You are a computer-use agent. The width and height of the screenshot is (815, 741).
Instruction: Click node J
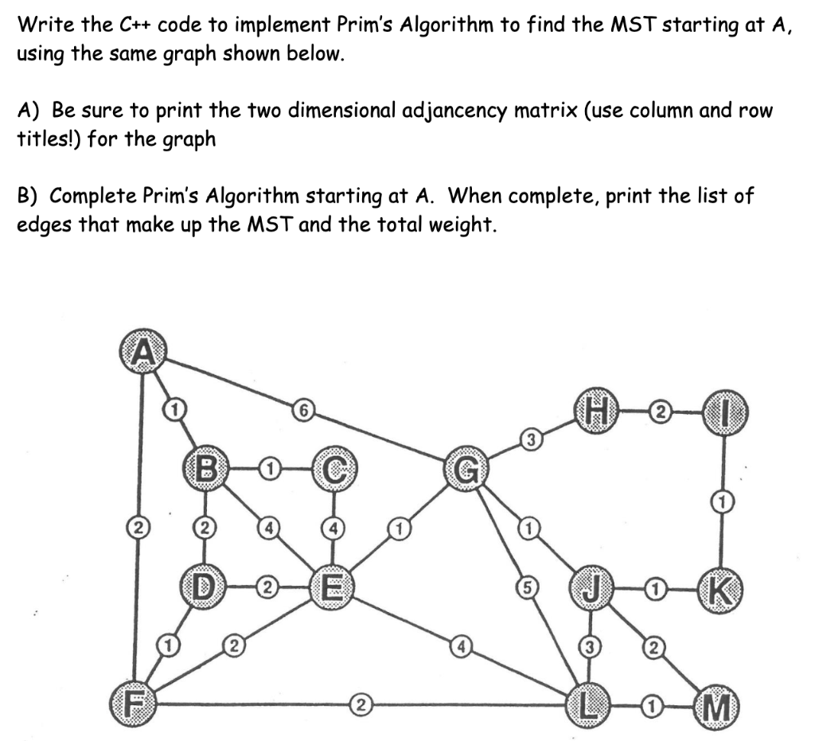point(590,589)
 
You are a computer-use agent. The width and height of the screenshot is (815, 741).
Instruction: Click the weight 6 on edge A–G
point(301,411)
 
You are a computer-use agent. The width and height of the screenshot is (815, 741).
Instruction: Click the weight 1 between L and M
point(650,704)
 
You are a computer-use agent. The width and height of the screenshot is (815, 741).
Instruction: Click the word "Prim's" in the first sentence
point(366,25)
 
